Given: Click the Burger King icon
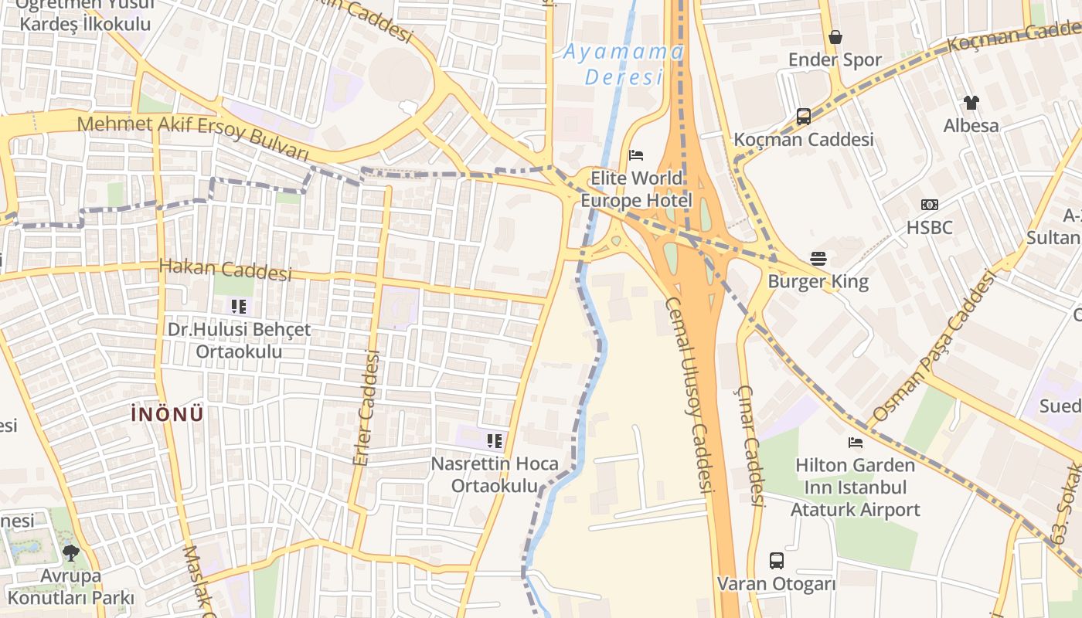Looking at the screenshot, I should [x=818, y=258].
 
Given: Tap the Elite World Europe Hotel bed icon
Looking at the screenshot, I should [x=636, y=155].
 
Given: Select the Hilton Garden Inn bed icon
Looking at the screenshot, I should [x=855, y=443].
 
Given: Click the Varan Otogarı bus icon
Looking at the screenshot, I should [x=776, y=561].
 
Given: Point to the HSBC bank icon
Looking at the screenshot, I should [x=929, y=205].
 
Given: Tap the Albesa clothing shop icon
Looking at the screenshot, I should [x=971, y=102].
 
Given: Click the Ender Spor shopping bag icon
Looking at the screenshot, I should [x=835, y=37].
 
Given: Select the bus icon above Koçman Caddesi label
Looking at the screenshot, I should [x=803, y=117].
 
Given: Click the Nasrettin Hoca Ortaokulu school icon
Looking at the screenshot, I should [x=494, y=441].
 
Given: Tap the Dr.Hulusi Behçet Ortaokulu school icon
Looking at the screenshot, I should [x=239, y=307].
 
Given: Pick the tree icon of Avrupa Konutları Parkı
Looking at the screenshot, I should [x=70, y=553].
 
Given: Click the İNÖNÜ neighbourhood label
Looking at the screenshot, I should [x=167, y=414].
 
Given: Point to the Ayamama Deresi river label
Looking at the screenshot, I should [x=623, y=64].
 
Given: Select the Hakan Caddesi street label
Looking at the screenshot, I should [x=225, y=270].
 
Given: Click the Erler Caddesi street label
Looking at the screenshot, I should [x=366, y=407].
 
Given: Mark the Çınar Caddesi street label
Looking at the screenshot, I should [x=750, y=446].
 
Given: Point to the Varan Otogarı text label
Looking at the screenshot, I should [x=776, y=584].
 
